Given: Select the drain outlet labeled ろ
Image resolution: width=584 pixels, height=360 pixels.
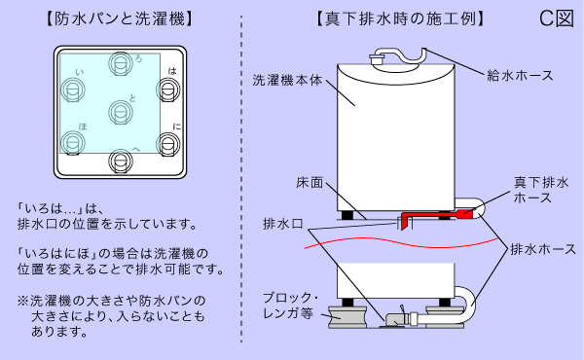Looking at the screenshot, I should (119, 66).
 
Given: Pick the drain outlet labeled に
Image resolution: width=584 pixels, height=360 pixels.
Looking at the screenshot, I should (168, 146).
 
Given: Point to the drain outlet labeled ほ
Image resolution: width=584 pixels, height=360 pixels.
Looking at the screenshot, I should (70, 146).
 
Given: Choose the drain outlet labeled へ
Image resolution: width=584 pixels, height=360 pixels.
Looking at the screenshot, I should (119, 159).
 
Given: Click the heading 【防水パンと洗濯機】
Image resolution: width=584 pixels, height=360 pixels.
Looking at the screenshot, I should (118, 18).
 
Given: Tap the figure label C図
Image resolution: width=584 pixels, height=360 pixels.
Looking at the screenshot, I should (557, 18).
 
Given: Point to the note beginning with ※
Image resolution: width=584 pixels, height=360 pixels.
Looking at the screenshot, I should (112, 315).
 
